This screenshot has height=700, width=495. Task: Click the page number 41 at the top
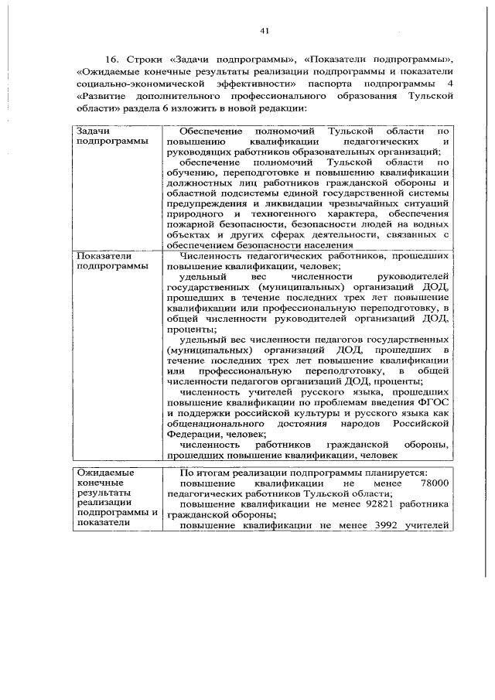tap(265, 30)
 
